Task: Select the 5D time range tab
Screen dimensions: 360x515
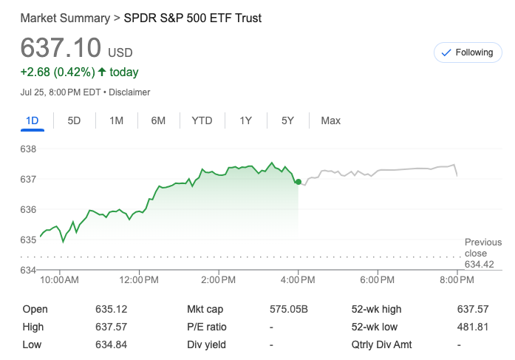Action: (74, 120)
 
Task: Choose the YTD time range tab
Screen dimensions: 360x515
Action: (202, 120)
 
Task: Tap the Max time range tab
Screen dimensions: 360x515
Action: (330, 120)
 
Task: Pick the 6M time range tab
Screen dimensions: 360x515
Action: (158, 120)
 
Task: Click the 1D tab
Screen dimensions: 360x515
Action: (32, 120)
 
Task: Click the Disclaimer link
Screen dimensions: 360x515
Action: (130, 92)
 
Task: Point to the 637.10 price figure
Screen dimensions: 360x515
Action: (61, 48)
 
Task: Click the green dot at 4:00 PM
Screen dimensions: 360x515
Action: (298, 181)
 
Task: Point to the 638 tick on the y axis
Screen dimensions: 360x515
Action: (28, 149)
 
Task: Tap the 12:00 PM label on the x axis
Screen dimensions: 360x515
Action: (138, 280)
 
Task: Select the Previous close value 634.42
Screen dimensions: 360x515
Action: (479, 265)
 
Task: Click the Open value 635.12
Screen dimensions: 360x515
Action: (111, 310)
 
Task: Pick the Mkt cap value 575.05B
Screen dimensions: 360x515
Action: (288, 310)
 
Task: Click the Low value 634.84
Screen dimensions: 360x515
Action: (111, 344)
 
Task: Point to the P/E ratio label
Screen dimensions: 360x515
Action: (207, 327)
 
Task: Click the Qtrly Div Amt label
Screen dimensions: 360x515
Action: (382, 344)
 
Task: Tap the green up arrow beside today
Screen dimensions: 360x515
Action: (114, 72)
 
